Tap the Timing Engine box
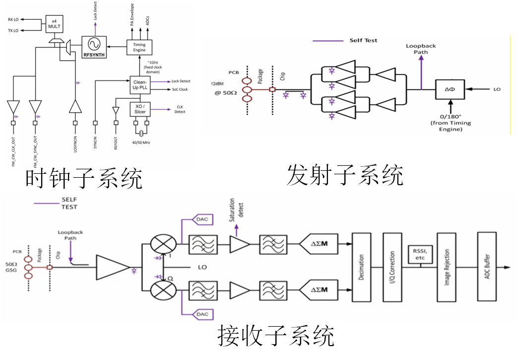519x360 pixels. pyautogui.click(x=139, y=48)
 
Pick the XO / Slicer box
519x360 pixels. pyautogui.click(x=139, y=109)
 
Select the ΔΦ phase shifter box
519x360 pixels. pyautogui.click(x=450, y=90)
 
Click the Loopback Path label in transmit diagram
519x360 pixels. pyautogui.click(x=421, y=49)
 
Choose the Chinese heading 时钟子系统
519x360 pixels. pyautogui.click(x=84, y=178)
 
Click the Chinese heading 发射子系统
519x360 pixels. pyautogui.click(x=345, y=175)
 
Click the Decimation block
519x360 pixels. pyautogui.click(x=361, y=267)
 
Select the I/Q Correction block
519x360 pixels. pyautogui.click(x=391, y=267)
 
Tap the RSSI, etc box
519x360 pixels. pyautogui.click(x=420, y=255)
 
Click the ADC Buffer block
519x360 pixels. pyautogui.click(x=486, y=267)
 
